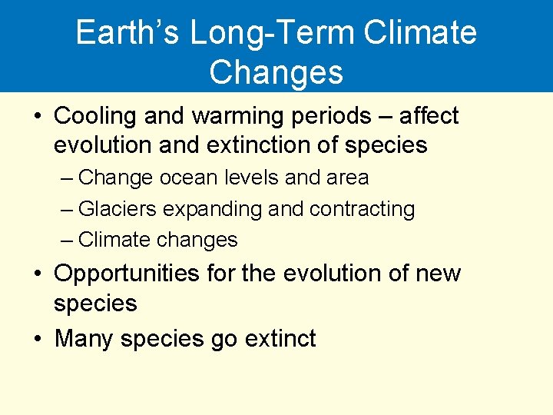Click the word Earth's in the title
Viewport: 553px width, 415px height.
(x=127, y=33)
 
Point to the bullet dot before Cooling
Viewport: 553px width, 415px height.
(x=37, y=117)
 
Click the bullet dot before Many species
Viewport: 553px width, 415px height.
(x=37, y=339)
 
